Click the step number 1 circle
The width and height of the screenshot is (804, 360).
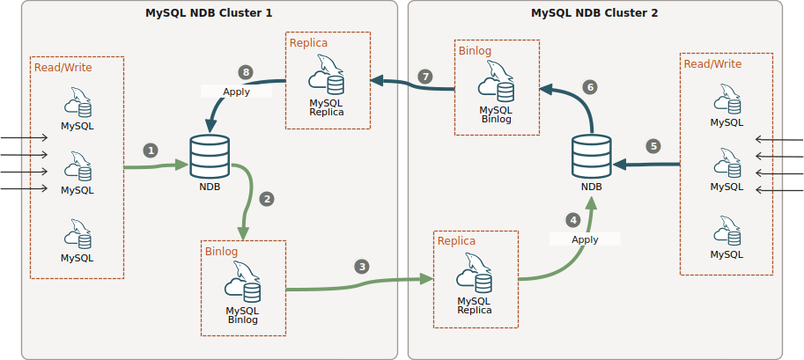[151, 151]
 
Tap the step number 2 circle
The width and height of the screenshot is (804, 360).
[268, 199]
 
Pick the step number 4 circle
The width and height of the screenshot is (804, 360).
[573, 220]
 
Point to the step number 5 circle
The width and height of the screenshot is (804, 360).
[653, 146]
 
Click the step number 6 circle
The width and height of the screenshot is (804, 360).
[590, 86]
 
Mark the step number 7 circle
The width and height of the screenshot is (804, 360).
[426, 77]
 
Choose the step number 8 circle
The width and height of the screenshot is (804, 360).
[246, 72]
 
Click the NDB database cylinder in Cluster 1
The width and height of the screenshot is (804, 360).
[210, 156]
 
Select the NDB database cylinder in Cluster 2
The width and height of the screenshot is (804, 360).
[592, 156]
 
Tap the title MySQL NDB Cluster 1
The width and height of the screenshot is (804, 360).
[208, 13]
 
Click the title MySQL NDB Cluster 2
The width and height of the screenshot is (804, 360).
[594, 13]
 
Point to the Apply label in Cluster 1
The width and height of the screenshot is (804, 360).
[237, 92]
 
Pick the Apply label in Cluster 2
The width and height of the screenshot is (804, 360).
[585, 239]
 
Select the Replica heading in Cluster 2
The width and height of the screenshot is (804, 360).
[456, 241]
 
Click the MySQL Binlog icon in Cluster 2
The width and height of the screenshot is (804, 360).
[495, 86]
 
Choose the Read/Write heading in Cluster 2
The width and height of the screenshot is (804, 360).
[712, 64]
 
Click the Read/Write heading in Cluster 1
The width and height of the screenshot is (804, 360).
[63, 67]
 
